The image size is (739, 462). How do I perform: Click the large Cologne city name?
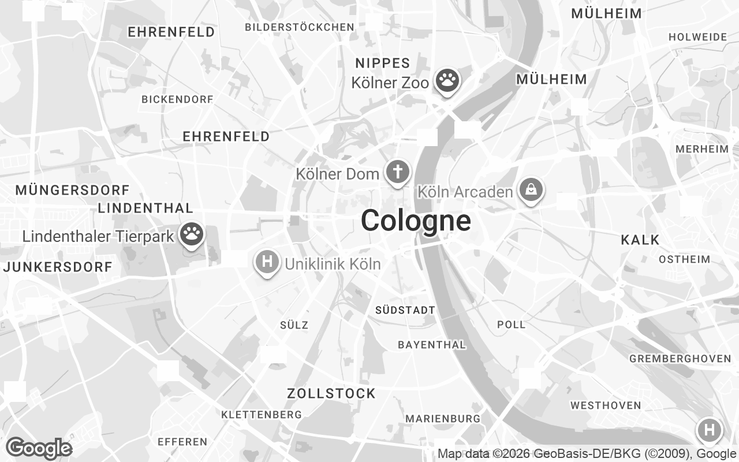click(x=416, y=221)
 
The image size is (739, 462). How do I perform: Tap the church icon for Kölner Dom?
click(x=397, y=172)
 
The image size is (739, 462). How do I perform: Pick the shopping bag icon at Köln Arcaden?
click(x=530, y=189)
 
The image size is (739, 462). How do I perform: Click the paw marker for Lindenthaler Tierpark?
click(x=192, y=234)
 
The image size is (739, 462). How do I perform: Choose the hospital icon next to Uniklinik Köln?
click(x=267, y=262)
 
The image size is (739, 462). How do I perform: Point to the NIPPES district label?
click(x=383, y=63)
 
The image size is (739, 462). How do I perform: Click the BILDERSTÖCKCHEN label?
click(x=300, y=27)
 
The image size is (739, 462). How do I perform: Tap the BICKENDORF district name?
click(x=177, y=99)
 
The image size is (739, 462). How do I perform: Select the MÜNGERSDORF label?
click(x=73, y=190)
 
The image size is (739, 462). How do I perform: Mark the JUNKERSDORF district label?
click(x=58, y=267)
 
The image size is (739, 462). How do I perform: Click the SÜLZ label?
click(x=294, y=325)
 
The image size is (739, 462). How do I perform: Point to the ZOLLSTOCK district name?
click(x=331, y=394)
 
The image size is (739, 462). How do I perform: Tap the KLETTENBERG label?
click(x=262, y=415)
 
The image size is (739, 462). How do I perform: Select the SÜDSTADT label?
click(x=405, y=310)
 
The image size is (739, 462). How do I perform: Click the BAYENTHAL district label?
click(x=432, y=345)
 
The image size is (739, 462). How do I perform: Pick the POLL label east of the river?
click(x=512, y=325)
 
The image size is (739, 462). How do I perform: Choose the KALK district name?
click(x=640, y=240)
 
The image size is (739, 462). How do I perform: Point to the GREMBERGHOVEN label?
click(x=680, y=359)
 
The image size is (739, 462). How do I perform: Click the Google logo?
click(x=39, y=448)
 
